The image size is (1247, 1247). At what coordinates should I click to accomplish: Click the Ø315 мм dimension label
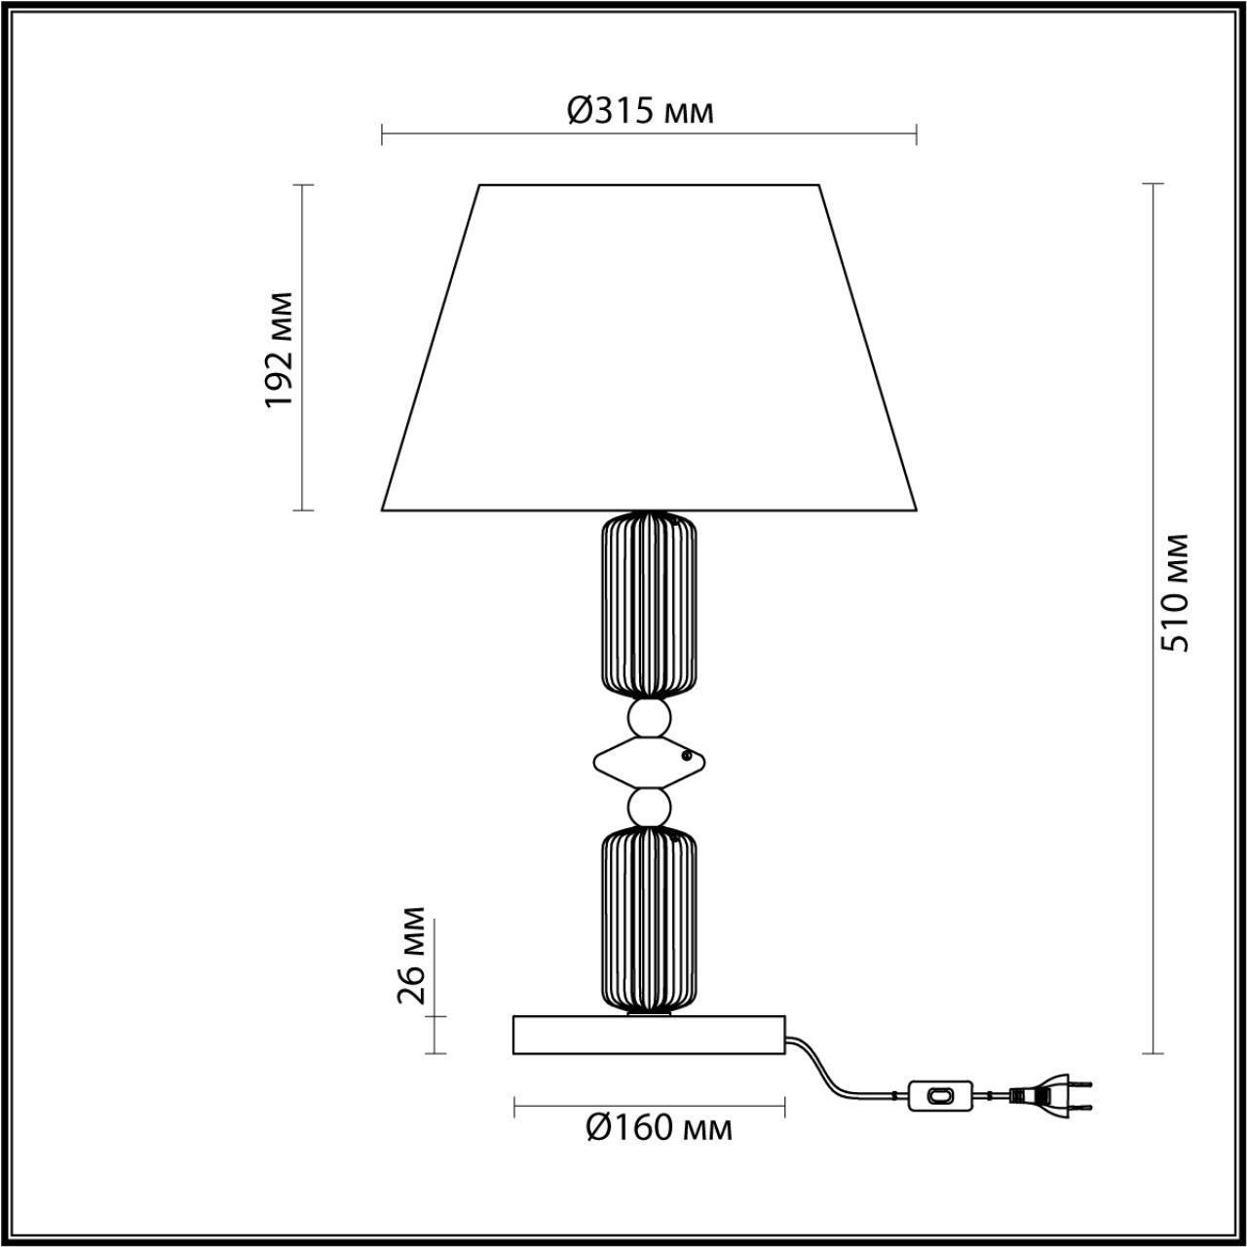[640, 111]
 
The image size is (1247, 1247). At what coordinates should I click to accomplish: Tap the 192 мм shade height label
[281, 349]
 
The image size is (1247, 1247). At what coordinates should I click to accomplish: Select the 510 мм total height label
[1178, 592]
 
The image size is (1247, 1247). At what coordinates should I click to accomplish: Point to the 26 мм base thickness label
[412, 955]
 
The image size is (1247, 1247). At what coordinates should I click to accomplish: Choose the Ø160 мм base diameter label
[659, 1128]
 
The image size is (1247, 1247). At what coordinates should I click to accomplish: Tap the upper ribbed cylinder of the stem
[649, 606]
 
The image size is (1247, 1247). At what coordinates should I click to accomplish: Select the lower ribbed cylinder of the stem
[649, 918]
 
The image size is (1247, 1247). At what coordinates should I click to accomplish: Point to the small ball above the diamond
[649, 718]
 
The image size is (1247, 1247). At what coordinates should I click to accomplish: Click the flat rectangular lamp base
[649, 1035]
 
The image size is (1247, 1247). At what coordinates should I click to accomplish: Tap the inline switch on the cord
[939, 1095]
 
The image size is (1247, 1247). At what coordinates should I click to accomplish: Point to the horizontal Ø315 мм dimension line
[487, 134]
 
